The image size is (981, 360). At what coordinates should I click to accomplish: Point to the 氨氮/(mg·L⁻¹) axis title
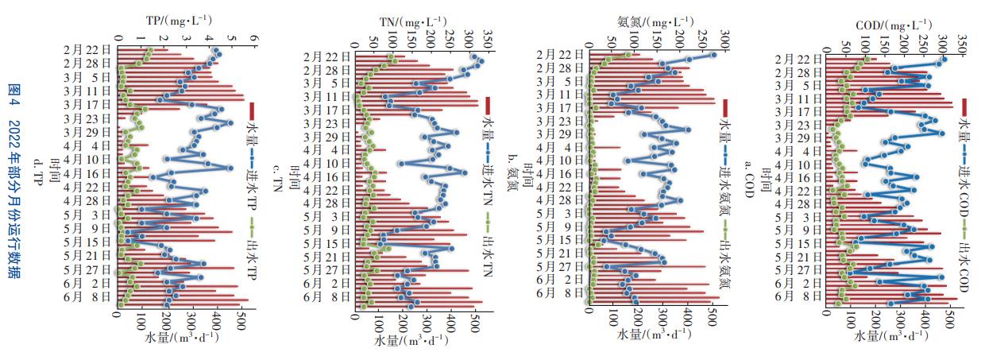(x=648, y=20)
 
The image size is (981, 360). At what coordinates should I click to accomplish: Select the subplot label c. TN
(x=276, y=177)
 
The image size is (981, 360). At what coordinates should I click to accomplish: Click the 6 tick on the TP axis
(x=254, y=37)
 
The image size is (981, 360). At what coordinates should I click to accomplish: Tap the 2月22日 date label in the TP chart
(x=87, y=50)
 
